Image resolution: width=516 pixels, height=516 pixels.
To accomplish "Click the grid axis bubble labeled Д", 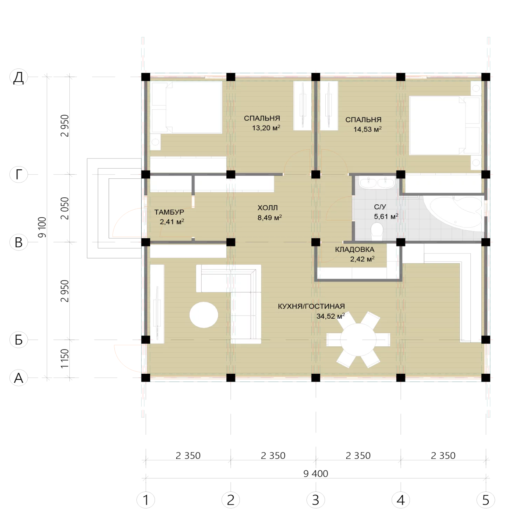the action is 19,77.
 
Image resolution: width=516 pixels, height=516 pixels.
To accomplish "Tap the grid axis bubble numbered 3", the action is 316,500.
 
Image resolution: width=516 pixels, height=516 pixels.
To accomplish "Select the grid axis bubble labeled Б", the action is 19,340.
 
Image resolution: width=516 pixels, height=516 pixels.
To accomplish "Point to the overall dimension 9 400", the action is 315,474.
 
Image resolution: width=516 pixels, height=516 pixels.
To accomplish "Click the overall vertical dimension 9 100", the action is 42,227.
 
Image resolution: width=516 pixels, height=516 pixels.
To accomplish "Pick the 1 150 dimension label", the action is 65,359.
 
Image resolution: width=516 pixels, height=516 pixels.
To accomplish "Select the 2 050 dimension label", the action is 65,208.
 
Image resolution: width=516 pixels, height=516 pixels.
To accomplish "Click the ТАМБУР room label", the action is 169,212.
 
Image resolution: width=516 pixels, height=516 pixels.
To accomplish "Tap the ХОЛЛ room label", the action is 267,208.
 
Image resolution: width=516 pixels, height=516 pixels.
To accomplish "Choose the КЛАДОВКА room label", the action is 354,250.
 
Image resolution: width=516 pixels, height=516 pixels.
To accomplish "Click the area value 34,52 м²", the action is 331,316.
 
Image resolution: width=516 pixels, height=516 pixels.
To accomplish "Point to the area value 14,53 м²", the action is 367,129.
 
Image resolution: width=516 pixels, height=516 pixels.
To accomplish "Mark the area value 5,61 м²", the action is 386,216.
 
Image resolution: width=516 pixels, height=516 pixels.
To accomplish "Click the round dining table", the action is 358,340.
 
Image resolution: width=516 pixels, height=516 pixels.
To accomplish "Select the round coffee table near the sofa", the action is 204,315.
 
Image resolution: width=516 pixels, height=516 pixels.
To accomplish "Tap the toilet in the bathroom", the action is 377,232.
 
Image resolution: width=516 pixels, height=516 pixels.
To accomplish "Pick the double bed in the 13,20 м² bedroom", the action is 186,107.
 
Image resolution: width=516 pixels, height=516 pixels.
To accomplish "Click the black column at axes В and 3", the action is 316,242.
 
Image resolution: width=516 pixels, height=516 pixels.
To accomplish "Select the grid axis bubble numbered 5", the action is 486,500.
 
